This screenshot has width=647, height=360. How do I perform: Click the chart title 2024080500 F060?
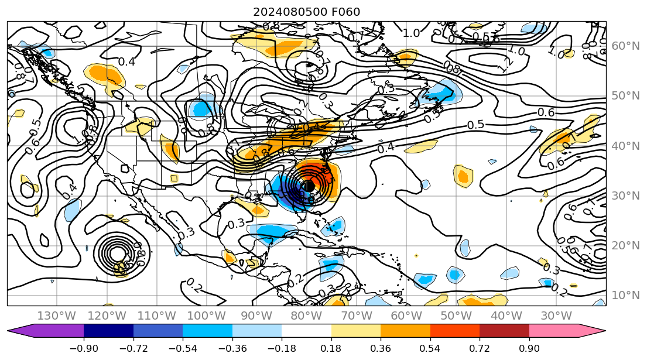pyautogui.click(x=306, y=12)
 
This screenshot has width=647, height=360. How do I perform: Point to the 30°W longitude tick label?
pyautogui.click(x=556, y=316)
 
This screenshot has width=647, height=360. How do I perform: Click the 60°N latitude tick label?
pyautogui.click(x=625, y=46)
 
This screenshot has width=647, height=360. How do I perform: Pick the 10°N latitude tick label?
pyautogui.click(x=625, y=295)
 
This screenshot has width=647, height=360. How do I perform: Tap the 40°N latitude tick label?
pyautogui.click(x=625, y=146)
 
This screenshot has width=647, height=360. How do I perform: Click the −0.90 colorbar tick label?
pyautogui.click(x=83, y=348)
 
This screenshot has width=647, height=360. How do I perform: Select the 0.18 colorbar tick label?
pyautogui.click(x=331, y=348)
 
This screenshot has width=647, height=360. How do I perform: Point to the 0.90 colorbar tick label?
pyautogui.click(x=529, y=348)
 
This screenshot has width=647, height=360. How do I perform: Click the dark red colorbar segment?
pyautogui.click(x=504, y=331)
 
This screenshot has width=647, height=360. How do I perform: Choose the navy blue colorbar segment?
pyautogui.click(x=108, y=331)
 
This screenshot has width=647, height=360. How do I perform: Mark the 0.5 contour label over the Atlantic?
pyautogui.click(x=476, y=125)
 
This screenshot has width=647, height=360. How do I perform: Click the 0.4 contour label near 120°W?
pyautogui.click(x=126, y=61)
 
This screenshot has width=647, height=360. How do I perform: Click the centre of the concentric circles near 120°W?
pyautogui.click(x=117, y=253)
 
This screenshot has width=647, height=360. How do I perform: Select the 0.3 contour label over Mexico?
pyautogui.click(x=236, y=224)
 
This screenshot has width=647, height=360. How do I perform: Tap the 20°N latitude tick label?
pyautogui.click(x=625, y=245)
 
